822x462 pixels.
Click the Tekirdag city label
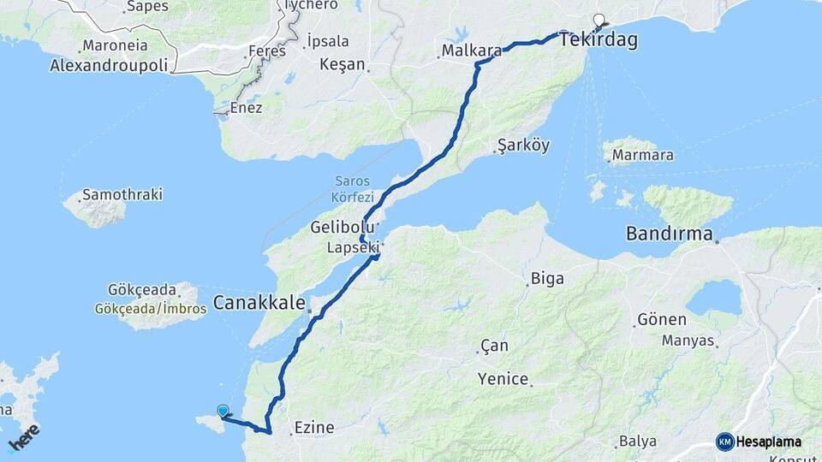(599, 40)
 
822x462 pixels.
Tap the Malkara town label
(472, 51)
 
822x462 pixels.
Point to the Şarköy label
(523, 145)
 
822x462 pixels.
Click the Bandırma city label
(670, 233)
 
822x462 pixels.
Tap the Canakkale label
(259, 302)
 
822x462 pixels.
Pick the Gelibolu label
(342, 228)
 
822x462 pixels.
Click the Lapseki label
(352, 248)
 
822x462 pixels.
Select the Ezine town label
(313, 427)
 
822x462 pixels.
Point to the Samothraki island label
(122, 194)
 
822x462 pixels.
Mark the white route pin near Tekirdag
(599, 20)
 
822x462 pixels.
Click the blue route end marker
(223, 411)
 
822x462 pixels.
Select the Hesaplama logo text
(769, 442)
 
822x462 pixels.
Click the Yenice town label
(503, 379)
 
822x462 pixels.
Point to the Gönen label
(662, 320)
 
